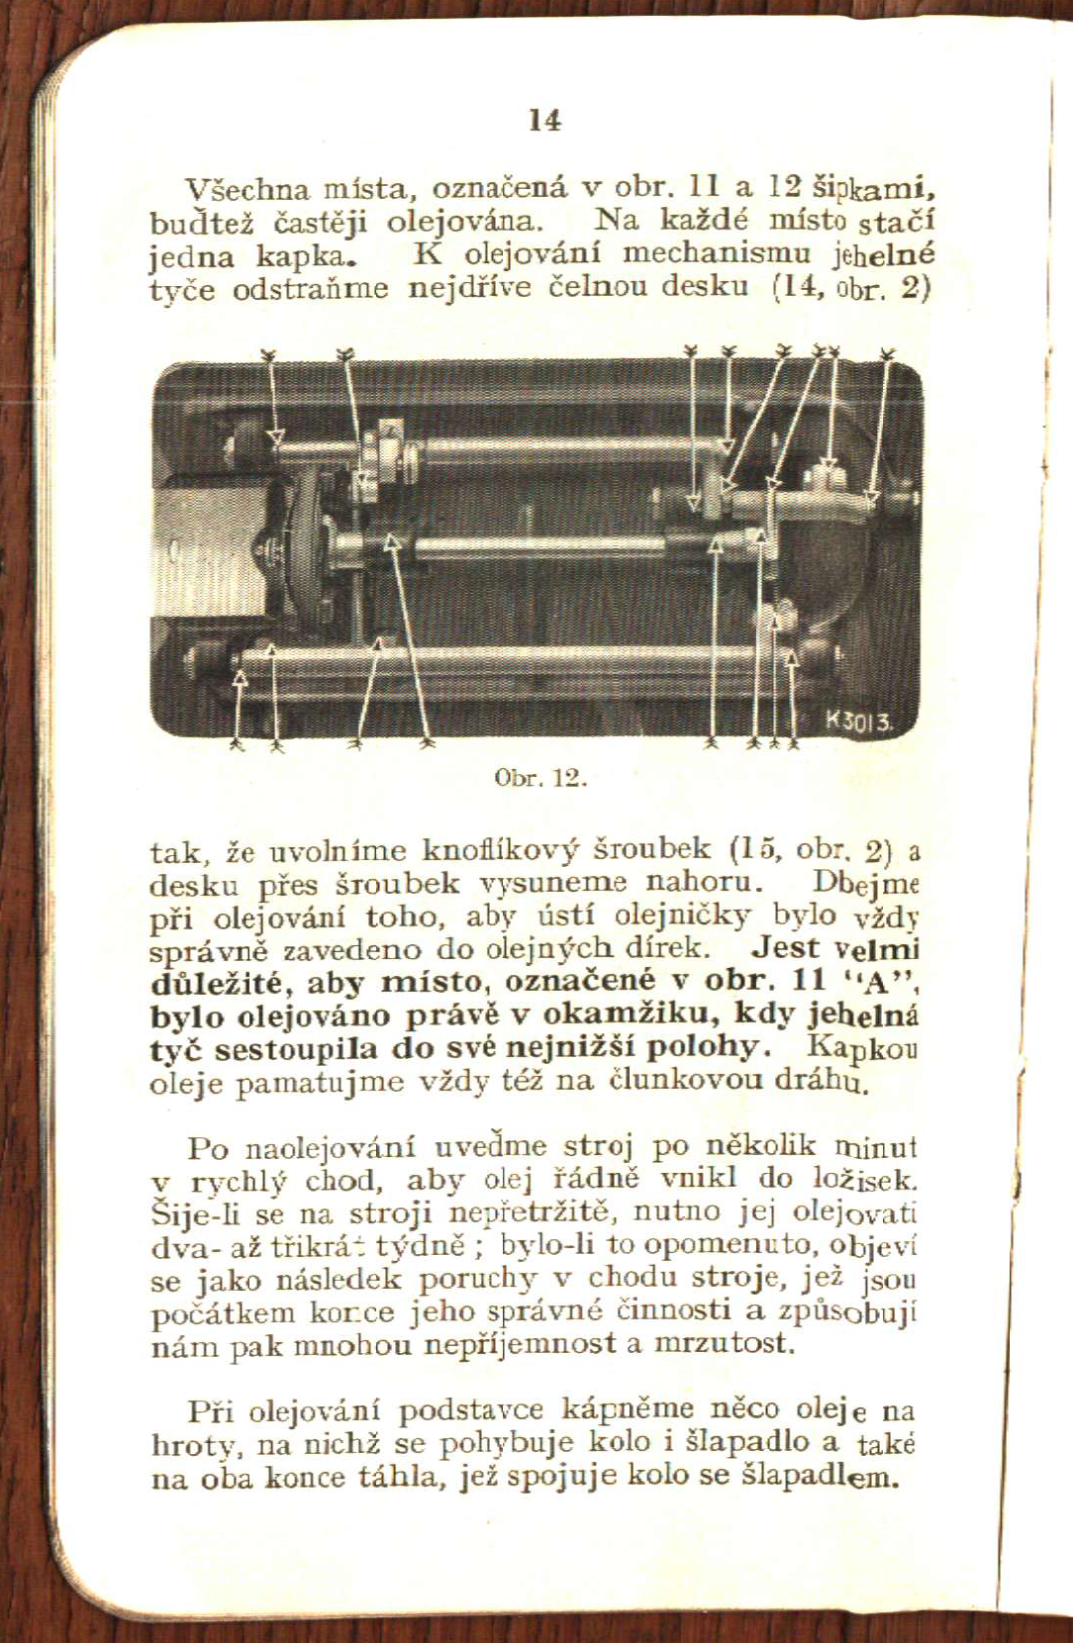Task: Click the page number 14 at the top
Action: point(544,121)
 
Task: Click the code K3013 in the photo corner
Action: point(859,722)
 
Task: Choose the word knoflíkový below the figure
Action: point(504,849)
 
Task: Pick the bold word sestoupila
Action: point(297,1048)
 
